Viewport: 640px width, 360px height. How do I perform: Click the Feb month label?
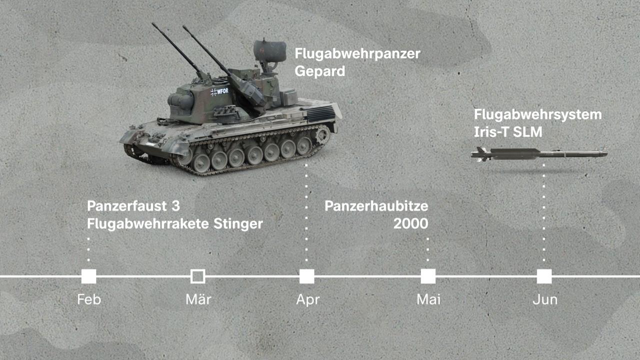(x=89, y=299)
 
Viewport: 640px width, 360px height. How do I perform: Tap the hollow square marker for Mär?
(x=197, y=276)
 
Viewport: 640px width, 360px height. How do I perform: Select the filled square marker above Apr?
(x=306, y=276)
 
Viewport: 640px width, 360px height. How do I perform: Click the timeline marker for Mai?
(x=428, y=276)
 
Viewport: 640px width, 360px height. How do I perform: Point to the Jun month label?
(x=544, y=299)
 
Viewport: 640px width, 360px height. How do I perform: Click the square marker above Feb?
(x=88, y=276)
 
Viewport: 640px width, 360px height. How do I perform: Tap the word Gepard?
(x=319, y=71)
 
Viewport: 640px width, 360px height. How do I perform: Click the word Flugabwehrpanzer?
(x=357, y=53)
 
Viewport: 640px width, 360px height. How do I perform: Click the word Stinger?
(x=237, y=223)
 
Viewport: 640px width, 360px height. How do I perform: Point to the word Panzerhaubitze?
(x=376, y=206)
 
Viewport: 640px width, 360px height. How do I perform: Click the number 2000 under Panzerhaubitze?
(x=410, y=223)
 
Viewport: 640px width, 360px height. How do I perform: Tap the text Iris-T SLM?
(x=508, y=132)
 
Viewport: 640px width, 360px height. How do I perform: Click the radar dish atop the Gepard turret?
(x=269, y=50)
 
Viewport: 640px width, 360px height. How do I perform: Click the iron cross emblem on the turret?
(x=214, y=91)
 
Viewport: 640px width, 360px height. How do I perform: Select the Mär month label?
(x=198, y=299)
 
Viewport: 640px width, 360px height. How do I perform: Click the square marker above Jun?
(x=544, y=276)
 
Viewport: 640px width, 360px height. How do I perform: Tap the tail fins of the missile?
(x=480, y=154)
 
